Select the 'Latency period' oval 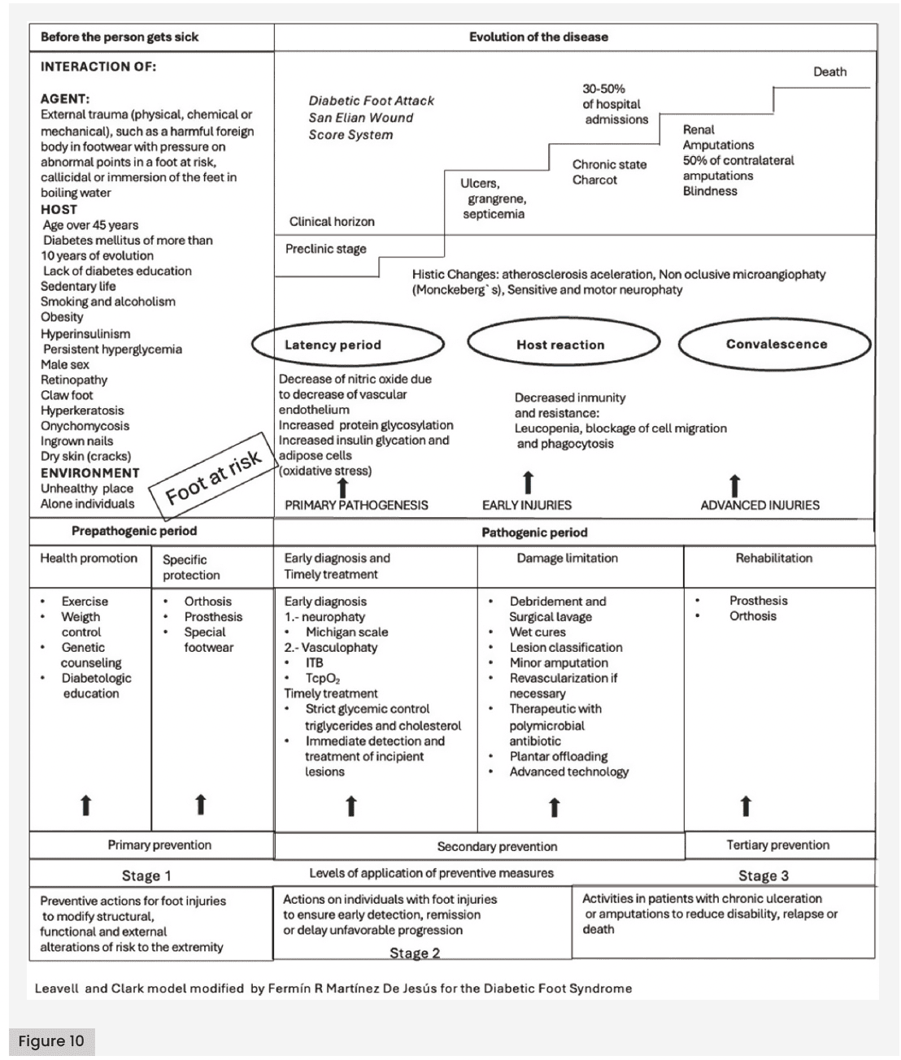point(348,345)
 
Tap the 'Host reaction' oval point(561,345)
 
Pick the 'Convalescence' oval point(775,344)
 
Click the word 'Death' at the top point(829,72)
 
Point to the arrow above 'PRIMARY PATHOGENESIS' point(342,487)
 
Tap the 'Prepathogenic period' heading point(134,531)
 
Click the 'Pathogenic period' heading point(534,532)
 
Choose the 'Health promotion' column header point(89,558)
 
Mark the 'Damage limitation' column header point(567,558)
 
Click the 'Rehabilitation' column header point(773,558)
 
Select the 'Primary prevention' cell point(159,845)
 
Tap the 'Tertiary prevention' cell point(777,845)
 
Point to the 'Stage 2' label point(415,954)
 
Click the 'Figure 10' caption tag point(51,1041)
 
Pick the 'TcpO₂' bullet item point(322,678)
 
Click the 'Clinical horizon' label point(332,221)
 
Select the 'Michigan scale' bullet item point(346,632)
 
